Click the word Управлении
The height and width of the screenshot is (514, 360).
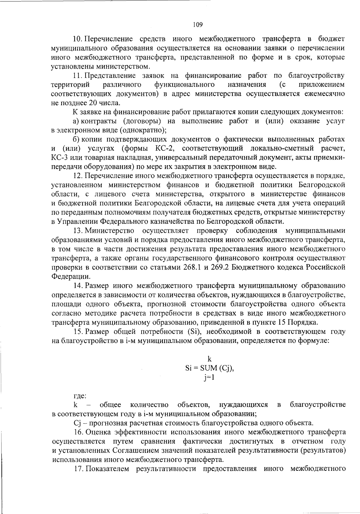click(x=76, y=222)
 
